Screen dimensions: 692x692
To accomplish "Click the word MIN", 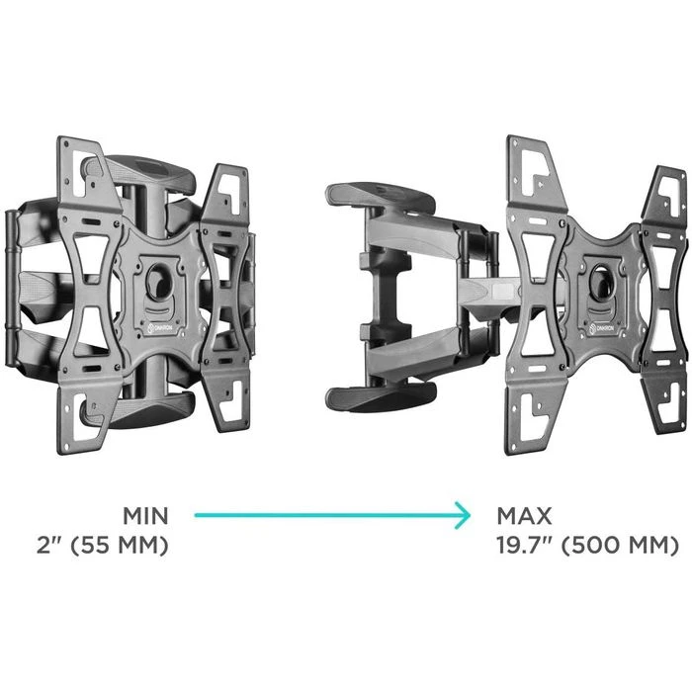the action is pos(145,516).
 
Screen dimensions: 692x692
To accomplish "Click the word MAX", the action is pos(524,516).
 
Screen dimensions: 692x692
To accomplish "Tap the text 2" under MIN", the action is pos(50,546).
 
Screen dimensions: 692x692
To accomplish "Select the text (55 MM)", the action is pos(120,546).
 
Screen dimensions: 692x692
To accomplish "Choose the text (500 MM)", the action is pos(620,546).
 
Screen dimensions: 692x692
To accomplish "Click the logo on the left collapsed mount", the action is pos(161,329).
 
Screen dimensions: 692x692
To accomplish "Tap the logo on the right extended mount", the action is pos(604,328).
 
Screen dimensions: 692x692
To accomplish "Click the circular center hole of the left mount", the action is pos(158,281).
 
